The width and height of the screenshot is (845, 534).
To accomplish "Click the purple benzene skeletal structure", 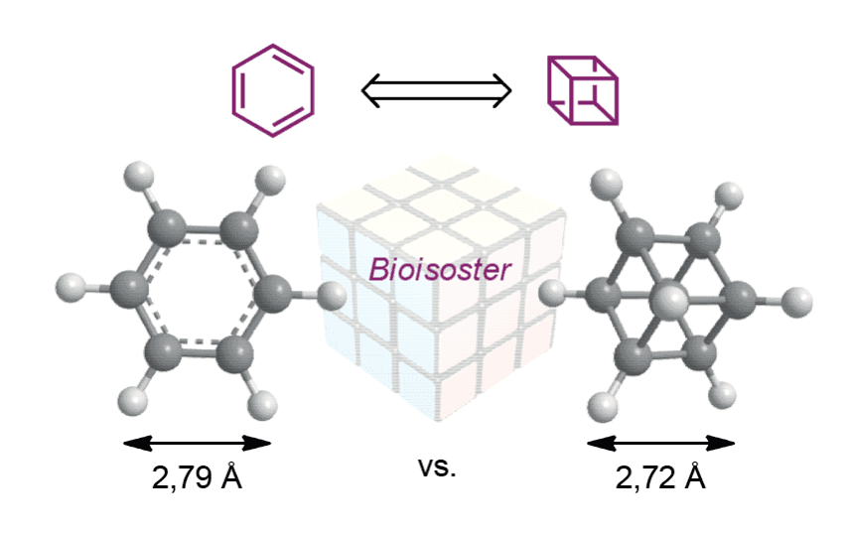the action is [232, 90].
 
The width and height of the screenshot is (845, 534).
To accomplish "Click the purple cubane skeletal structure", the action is [548, 90].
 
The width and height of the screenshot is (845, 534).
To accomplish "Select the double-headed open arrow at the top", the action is [437, 90].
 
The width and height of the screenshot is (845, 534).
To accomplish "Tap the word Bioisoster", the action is [439, 269].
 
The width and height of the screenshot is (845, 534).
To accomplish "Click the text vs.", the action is [437, 467].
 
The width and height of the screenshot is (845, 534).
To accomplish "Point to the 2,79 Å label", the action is [198, 476].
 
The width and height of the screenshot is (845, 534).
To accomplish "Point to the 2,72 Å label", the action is [660, 476].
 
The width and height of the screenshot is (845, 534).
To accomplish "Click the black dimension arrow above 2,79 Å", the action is [198, 444].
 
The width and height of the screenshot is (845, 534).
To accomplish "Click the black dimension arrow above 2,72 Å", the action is [660, 444].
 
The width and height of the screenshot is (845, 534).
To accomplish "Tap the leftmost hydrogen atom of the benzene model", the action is [71, 288].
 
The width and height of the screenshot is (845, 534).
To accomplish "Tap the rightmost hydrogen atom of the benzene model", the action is [330, 296].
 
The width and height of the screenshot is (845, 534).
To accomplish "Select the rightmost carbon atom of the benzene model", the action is [271, 294].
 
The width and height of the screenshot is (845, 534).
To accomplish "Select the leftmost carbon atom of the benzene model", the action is [129, 290].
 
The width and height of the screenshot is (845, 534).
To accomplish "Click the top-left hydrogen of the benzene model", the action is [139, 177].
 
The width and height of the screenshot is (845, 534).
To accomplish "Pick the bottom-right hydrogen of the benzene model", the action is [262, 405].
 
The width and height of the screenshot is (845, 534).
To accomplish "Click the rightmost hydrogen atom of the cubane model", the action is [796, 303].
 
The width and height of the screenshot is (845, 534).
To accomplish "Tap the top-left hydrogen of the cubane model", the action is [607, 185].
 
